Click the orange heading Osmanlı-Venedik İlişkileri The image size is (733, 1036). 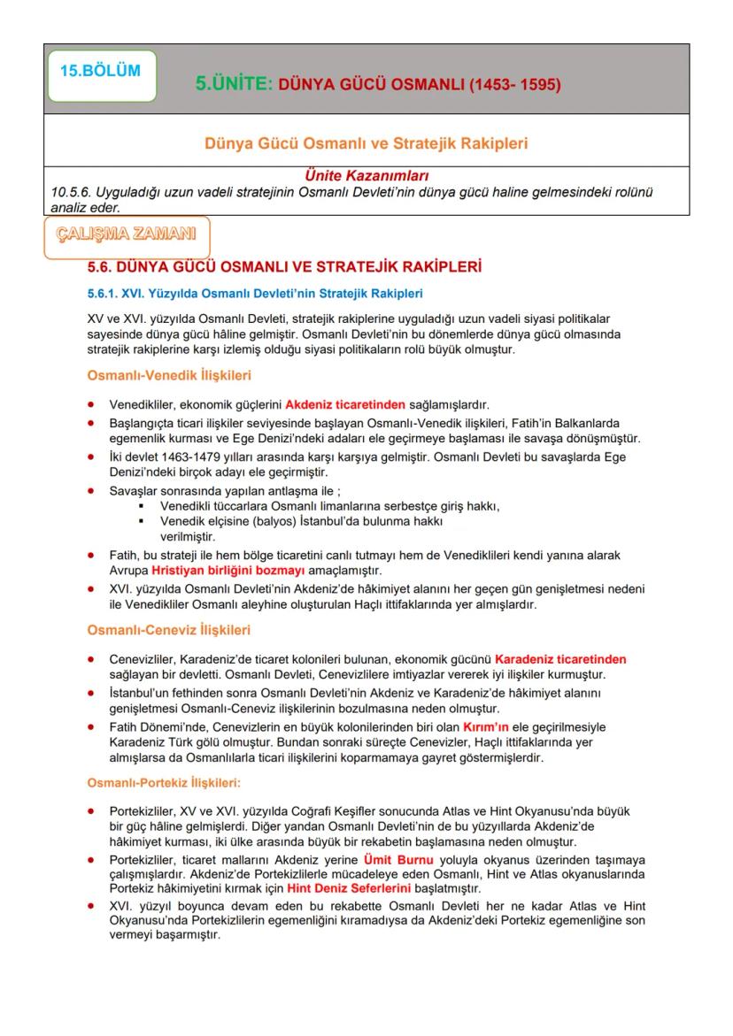(x=157, y=375)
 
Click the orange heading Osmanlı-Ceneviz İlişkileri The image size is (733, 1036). (x=156, y=630)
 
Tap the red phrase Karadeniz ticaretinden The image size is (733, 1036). (x=560, y=659)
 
